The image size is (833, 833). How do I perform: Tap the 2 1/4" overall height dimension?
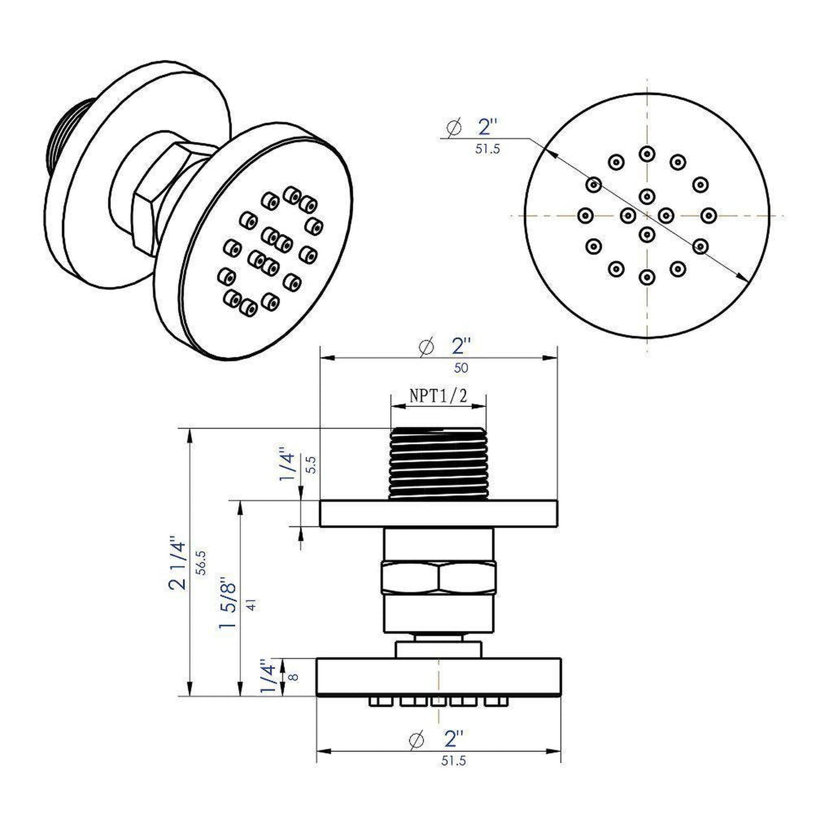point(178,565)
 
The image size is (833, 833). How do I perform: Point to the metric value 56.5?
point(201,562)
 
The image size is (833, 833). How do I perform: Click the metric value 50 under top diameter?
point(461,368)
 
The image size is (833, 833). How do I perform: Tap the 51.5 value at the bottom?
point(453,761)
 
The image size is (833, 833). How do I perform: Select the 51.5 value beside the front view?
point(487,149)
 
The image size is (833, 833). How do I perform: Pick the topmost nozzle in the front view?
point(647,153)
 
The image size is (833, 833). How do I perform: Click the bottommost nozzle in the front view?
point(647,277)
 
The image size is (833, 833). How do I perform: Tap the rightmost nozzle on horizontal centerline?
point(708,215)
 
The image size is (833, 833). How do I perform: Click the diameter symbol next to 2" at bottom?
point(416,739)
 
